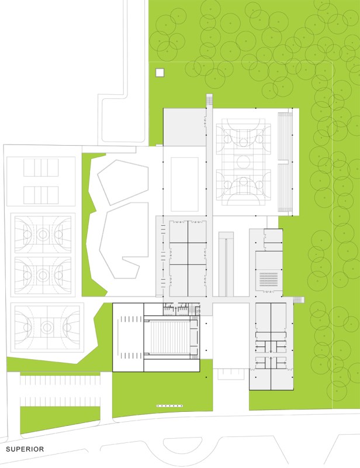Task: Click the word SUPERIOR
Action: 25,449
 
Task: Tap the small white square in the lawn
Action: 160,73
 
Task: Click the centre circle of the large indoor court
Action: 244,163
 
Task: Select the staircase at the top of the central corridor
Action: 209,99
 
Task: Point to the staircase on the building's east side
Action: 299,300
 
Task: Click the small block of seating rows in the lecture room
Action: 268,280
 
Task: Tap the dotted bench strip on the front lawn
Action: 169,406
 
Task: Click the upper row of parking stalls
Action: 60,380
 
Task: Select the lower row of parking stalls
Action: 60,402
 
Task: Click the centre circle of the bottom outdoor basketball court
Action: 47,328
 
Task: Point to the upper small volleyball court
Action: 41,167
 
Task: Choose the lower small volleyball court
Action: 41,195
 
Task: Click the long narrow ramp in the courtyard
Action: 226,264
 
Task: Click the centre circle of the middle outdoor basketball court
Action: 43,275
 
